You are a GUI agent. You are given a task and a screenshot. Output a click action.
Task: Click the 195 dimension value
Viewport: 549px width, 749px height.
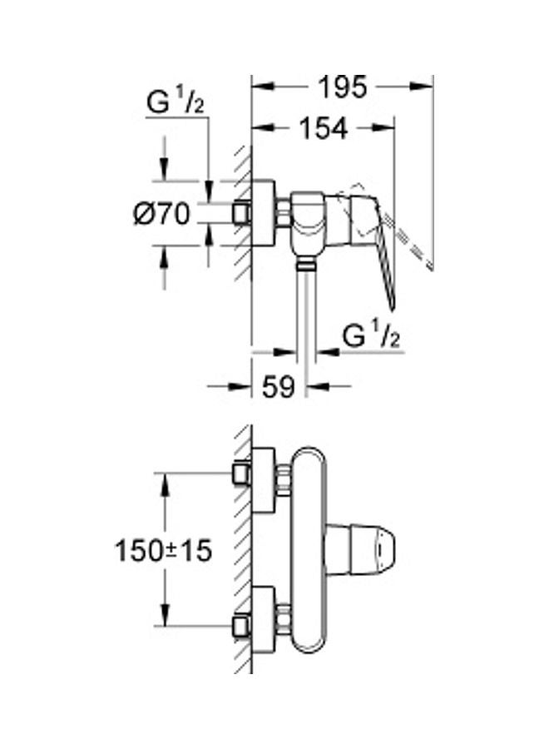pyautogui.click(x=343, y=87)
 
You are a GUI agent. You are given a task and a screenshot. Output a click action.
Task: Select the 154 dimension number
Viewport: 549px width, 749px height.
pyautogui.click(x=324, y=128)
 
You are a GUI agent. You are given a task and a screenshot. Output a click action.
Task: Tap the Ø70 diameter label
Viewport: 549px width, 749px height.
pyautogui.click(x=161, y=214)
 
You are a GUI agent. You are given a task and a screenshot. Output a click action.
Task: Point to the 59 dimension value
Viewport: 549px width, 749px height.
pyautogui.click(x=278, y=386)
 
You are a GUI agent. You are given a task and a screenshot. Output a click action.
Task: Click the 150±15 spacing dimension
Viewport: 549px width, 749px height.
pyautogui.click(x=163, y=551)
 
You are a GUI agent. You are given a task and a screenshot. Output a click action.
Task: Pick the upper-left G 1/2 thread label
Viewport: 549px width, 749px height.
pyautogui.click(x=176, y=102)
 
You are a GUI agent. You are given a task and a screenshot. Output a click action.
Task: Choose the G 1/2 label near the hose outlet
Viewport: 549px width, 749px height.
pyautogui.click(x=371, y=336)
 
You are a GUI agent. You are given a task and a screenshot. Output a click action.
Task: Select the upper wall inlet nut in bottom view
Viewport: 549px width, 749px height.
pyautogui.click(x=241, y=474)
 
